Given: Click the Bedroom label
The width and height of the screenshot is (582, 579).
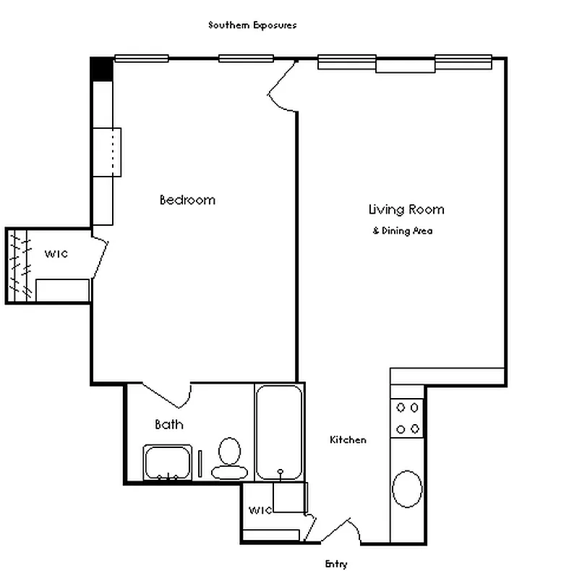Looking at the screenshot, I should [187, 200].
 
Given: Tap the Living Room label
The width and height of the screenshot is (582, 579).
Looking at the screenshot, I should [406, 210].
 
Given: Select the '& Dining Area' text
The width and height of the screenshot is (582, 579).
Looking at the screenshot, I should [403, 231].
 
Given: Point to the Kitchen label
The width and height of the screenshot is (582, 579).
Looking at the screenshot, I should [348, 439].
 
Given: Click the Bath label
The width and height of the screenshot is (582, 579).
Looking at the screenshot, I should [168, 425].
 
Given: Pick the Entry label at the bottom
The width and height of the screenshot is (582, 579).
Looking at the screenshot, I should [335, 564].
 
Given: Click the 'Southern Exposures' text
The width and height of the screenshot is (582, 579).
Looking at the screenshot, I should [252, 25].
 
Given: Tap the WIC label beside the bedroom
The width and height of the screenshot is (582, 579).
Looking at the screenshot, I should [56, 253].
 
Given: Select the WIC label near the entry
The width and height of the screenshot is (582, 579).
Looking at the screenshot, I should [260, 510].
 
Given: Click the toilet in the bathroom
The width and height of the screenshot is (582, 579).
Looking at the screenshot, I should [230, 458].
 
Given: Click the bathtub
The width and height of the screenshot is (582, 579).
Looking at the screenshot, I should [279, 432].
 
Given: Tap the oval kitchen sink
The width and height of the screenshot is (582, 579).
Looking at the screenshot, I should [407, 490].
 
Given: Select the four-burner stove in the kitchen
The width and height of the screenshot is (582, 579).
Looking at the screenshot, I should [407, 418].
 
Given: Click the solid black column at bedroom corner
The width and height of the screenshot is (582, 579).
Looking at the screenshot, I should [101, 69].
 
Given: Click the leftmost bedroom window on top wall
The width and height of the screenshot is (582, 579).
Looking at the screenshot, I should [141, 59].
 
